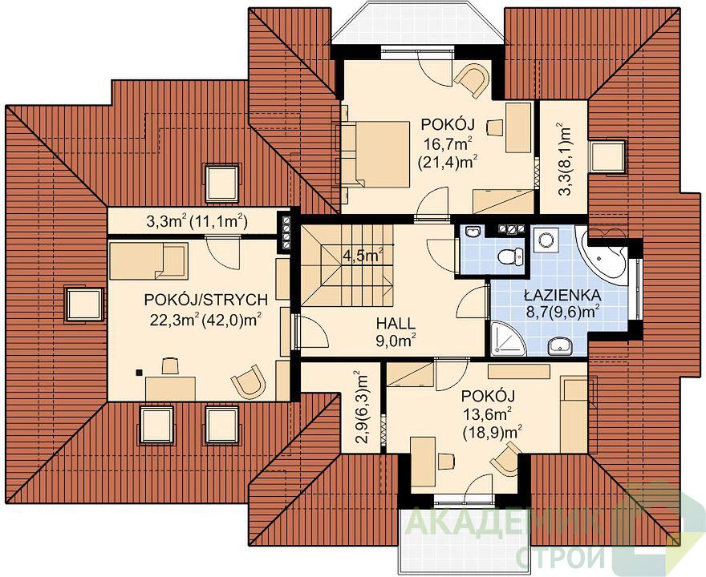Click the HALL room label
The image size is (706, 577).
tap(396, 323)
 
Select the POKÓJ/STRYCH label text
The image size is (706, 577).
tap(205, 300)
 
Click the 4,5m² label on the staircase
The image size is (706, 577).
tap(363, 256)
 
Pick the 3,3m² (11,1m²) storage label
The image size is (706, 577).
tap(196, 221)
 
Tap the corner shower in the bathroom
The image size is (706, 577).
tap(507, 338)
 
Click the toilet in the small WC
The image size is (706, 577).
tap(510, 256)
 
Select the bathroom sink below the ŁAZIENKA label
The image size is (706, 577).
tap(560, 346)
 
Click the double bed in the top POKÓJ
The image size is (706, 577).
tap(375, 154)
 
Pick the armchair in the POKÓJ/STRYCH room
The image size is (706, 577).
tap(248, 381)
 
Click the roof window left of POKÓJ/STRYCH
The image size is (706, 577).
tap(83, 305)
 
